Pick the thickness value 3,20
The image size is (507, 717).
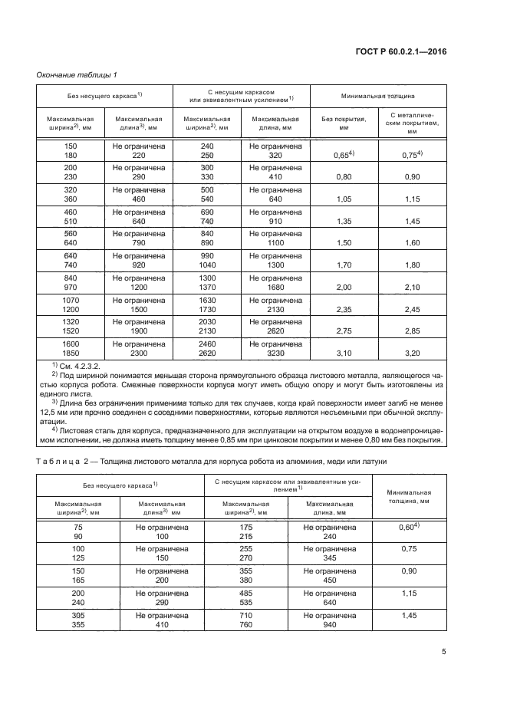[x=412, y=354]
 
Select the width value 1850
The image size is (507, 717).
[x=71, y=354]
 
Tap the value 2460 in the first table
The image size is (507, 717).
[x=207, y=345]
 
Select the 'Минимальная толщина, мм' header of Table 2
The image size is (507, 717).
[x=407, y=495]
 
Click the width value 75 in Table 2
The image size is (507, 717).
[x=78, y=528]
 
